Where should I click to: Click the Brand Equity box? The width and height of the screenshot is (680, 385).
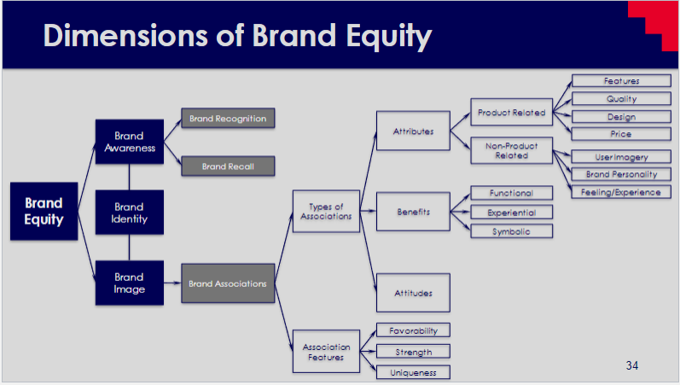click(44, 211)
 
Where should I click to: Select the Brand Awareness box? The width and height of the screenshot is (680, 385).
click(129, 142)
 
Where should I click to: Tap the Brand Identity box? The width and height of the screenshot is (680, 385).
click(129, 213)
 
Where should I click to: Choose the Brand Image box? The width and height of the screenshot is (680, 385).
click(129, 283)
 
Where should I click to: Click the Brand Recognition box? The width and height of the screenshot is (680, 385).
click(228, 119)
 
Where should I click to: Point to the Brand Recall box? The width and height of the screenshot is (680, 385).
click(228, 166)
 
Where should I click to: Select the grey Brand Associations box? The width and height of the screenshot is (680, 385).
click(228, 283)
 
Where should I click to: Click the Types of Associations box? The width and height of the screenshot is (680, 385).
click(326, 211)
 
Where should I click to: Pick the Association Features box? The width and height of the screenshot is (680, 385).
click(326, 352)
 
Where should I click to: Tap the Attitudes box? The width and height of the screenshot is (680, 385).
click(413, 293)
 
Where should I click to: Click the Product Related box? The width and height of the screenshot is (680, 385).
click(511, 113)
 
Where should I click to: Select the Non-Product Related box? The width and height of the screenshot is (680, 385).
click(511, 150)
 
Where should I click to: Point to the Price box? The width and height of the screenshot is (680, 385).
click(620, 134)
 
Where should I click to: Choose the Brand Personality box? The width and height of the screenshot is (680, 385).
click(620, 174)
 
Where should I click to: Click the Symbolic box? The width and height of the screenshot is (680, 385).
click(511, 231)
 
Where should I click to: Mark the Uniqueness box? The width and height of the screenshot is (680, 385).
click(413, 372)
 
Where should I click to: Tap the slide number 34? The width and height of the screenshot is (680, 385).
click(631, 365)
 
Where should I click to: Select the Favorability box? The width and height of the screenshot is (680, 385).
click(413, 330)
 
